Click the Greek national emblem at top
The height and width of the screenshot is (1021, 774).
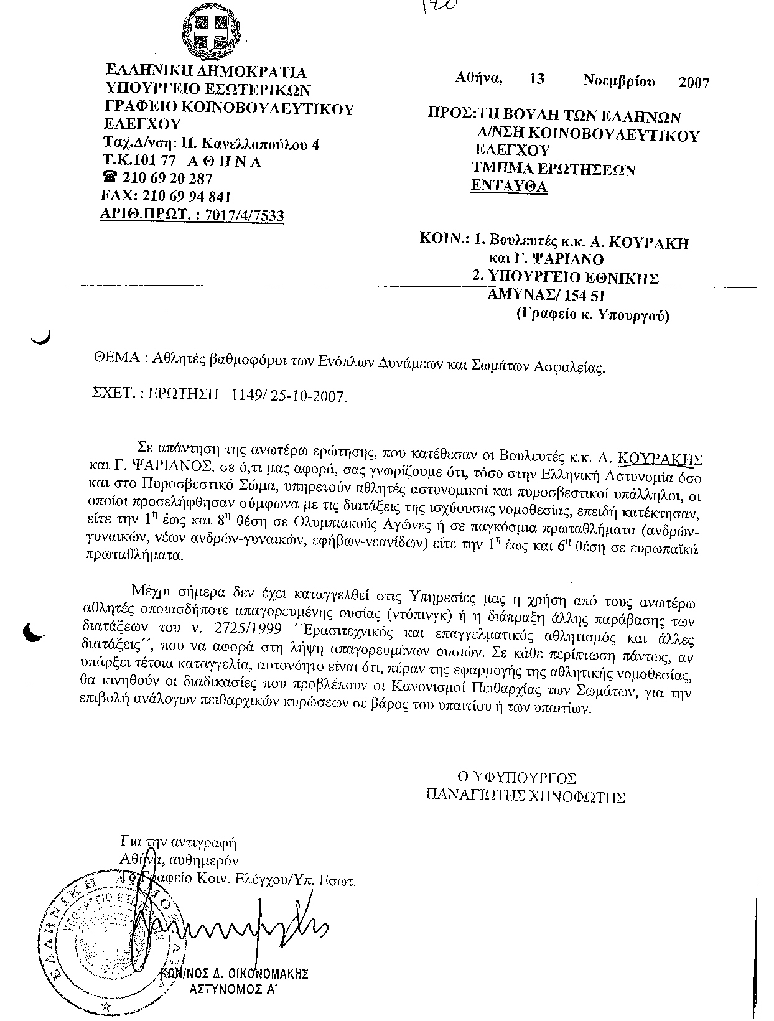pos(211,31)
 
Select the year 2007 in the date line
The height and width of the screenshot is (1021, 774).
pos(694,82)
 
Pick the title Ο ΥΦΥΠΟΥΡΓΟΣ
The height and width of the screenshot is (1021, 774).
pos(516,778)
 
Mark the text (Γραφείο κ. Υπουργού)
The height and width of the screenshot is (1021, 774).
pos(592,315)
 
